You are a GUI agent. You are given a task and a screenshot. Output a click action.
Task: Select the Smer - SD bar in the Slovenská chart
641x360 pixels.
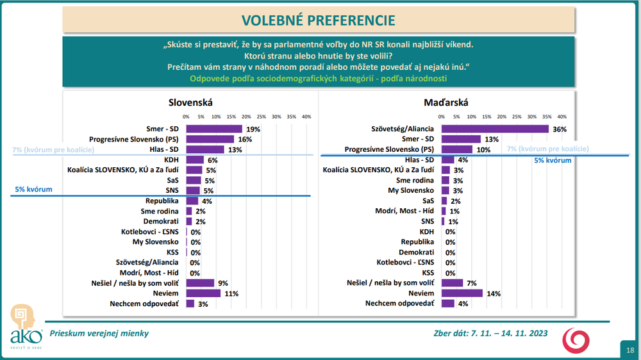tap(214, 129)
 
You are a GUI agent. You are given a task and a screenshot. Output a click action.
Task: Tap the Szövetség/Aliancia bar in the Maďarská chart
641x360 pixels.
tap(495, 129)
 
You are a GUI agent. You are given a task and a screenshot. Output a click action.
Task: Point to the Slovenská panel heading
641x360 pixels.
tap(190, 102)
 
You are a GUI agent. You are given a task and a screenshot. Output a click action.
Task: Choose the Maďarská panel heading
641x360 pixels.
tap(446, 102)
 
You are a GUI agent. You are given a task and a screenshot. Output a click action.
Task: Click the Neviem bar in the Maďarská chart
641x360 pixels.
tap(462, 293)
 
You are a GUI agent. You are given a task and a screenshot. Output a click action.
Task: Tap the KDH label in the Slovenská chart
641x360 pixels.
tap(171, 160)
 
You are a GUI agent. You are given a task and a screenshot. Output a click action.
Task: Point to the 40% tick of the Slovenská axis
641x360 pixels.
tap(306, 117)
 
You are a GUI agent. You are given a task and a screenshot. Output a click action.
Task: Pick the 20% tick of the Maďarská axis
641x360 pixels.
tap(502, 117)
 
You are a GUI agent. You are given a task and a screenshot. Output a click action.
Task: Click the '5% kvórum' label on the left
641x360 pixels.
tap(33, 190)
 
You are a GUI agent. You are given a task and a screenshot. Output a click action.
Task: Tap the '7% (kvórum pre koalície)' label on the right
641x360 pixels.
tap(547, 149)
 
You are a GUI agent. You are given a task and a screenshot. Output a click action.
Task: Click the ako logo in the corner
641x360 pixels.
tap(24, 327)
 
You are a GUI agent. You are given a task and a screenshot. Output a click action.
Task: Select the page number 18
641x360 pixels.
tap(630, 350)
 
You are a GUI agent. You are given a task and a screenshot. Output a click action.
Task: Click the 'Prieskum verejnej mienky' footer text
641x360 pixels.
tap(100, 334)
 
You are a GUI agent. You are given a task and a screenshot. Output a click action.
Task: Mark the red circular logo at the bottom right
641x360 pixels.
tap(574, 340)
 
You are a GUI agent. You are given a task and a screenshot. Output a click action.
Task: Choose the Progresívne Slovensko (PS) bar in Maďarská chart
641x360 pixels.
tap(456, 149)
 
